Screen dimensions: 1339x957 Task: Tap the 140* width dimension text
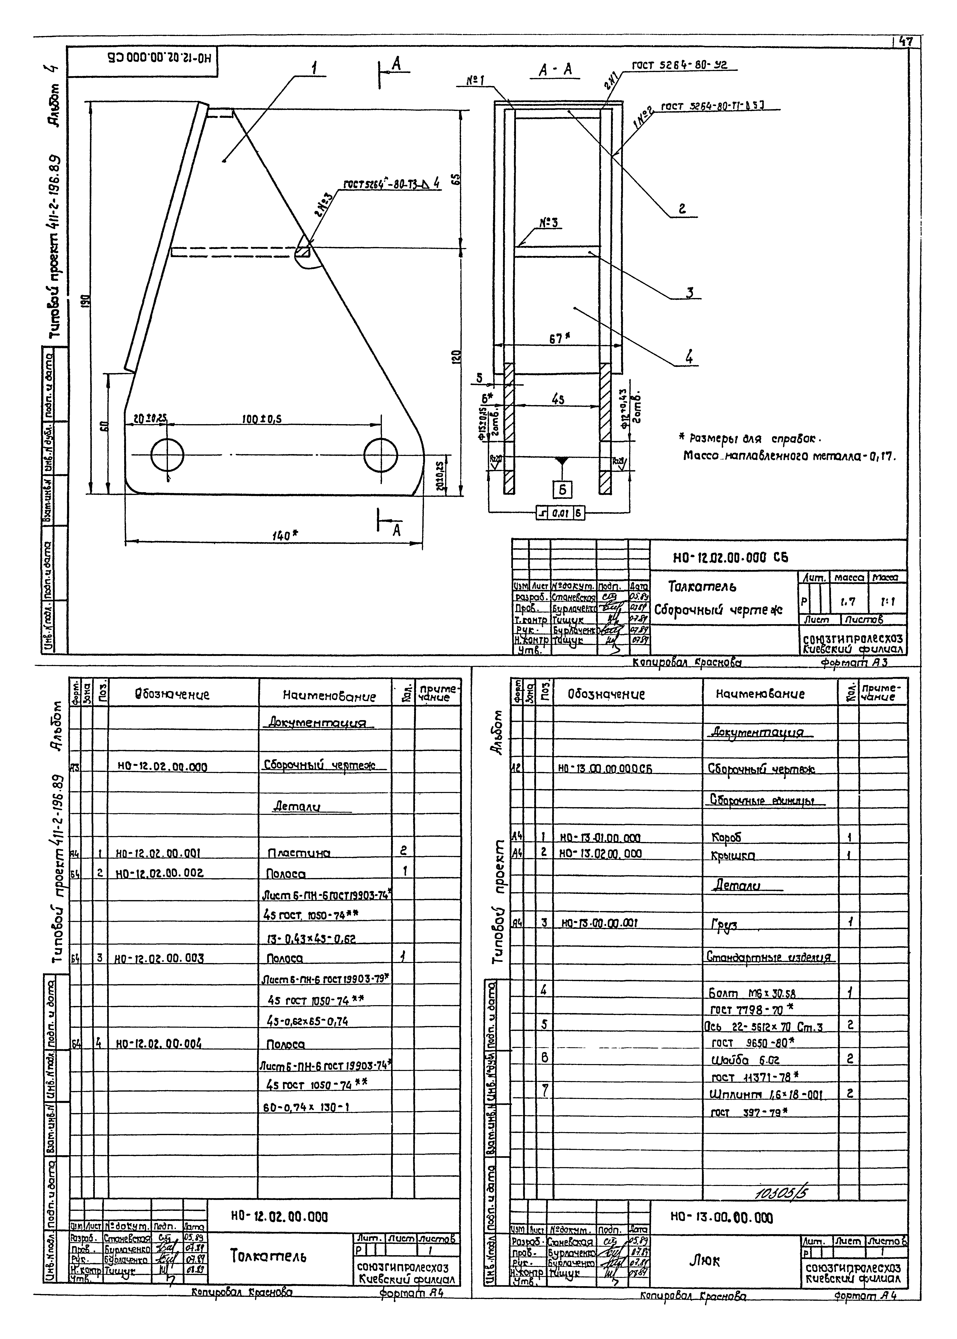pyautogui.click(x=285, y=535)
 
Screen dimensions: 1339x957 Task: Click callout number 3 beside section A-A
pyautogui.click(x=689, y=293)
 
